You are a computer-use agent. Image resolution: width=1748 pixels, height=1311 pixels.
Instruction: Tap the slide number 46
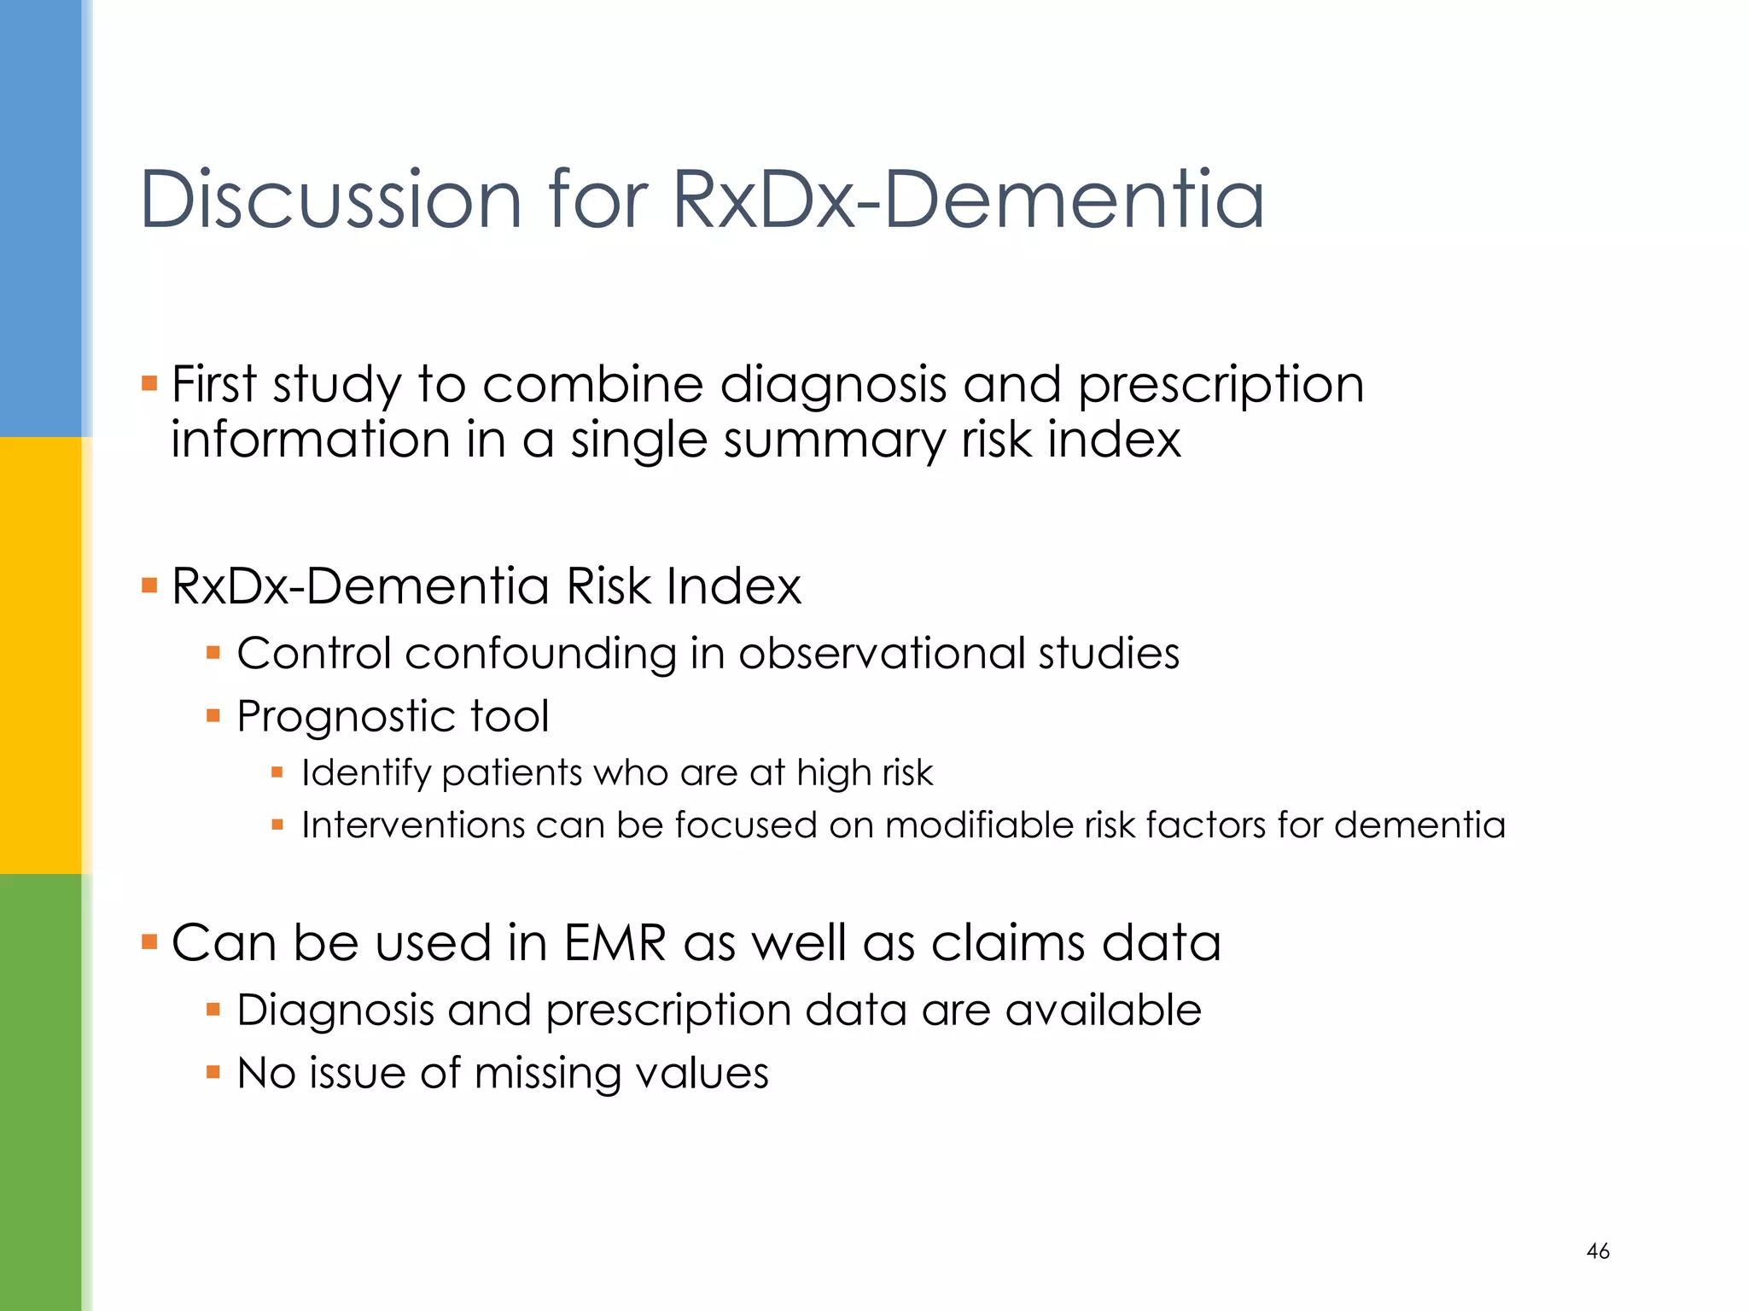pyautogui.click(x=1598, y=1251)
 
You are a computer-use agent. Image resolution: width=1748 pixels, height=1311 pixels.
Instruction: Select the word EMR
pyautogui.click(x=615, y=943)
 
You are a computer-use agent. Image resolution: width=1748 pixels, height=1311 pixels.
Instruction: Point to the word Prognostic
pyautogui.click(x=345, y=717)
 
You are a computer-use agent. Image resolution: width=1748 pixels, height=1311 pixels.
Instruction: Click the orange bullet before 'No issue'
pyautogui.click(x=213, y=1072)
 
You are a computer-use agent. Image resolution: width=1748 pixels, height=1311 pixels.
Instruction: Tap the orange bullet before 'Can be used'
pyautogui.click(x=149, y=942)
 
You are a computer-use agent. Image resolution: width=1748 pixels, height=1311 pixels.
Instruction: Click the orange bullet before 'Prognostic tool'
pyautogui.click(x=213, y=715)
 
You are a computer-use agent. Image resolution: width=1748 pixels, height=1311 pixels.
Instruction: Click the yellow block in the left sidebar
pyautogui.click(x=41, y=655)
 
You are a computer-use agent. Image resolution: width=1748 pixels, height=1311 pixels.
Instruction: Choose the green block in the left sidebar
pyautogui.click(x=41, y=1092)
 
